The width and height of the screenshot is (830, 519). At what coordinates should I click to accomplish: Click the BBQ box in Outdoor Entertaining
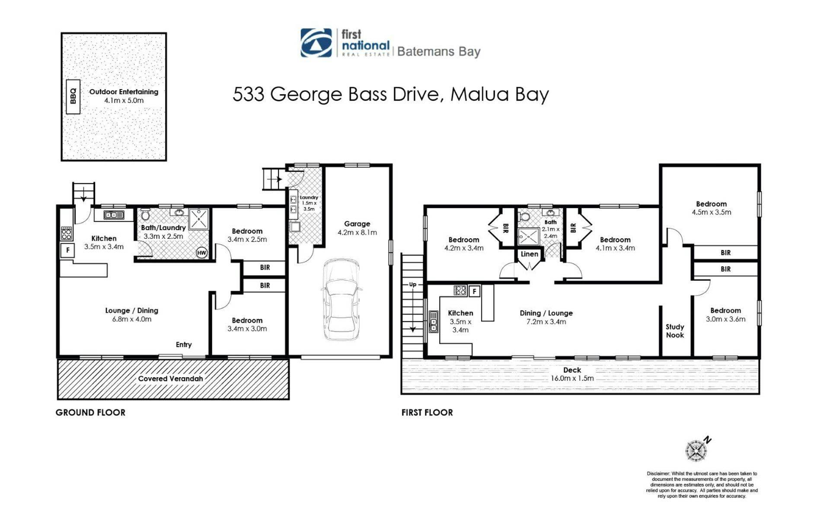(x=73, y=96)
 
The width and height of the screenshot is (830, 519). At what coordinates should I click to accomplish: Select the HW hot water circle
(x=201, y=253)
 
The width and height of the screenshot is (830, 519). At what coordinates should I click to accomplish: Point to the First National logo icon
(x=316, y=43)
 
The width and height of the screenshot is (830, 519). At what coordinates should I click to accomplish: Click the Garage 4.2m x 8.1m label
(x=357, y=228)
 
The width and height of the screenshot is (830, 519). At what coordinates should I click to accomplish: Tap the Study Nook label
(x=675, y=331)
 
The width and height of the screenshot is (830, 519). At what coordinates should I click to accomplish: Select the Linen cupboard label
(x=529, y=254)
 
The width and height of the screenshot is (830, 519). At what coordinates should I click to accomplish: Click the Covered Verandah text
(x=170, y=378)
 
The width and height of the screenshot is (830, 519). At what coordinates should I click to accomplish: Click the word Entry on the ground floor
(x=184, y=345)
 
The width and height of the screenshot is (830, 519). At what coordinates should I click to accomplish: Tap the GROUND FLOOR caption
(x=90, y=413)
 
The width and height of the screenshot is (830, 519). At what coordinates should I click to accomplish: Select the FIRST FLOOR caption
(x=427, y=413)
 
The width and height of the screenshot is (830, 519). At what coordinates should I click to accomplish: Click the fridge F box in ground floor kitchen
(x=67, y=250)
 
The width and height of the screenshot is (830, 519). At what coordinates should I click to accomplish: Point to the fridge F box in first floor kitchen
(x=474, y=291)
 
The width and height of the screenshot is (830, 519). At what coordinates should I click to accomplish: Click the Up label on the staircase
(x=412, y=284)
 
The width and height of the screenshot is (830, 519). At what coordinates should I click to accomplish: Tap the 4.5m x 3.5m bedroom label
(x=711, y=212)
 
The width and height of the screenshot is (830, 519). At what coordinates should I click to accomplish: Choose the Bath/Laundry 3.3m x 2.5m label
(x=163, y=232)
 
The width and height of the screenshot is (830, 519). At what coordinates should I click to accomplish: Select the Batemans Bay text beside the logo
(x=439, y=51)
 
